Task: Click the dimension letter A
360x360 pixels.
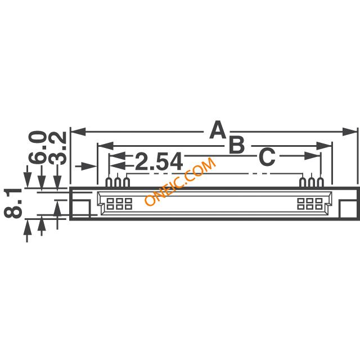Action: pos(218,130)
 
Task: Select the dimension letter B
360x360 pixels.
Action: pos(236,145)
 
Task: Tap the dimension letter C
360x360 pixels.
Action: pos(267,157)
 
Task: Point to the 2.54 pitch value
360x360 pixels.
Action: pos(159,162)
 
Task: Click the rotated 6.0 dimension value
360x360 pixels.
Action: pos(37,147)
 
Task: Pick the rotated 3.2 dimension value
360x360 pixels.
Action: pos(58,148)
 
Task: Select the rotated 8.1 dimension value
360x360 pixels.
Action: pos(12,202)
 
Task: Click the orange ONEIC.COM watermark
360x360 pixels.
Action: pos(180,181)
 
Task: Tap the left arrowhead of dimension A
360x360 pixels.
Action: pos(78,132)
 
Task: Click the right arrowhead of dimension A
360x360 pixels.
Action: pos(350,132)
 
